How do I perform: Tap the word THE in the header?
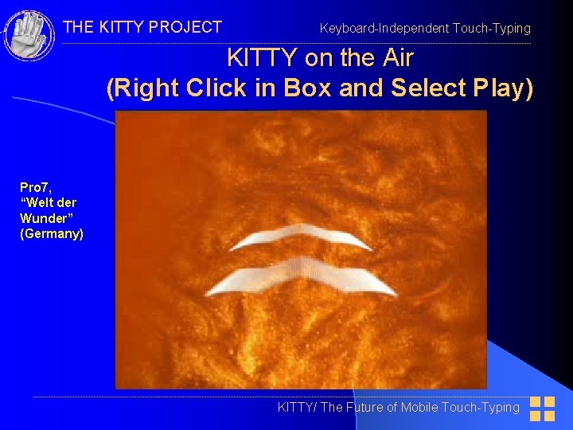[78, 27]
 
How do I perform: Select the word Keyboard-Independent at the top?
[384, 29]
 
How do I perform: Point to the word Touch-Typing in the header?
[491, 29]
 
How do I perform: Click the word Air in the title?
[396, 58]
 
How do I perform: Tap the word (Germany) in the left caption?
[52, 233]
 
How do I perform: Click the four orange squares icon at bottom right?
[543, 408]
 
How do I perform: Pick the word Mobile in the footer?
[425, 408]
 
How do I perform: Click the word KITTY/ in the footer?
[297, 408]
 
